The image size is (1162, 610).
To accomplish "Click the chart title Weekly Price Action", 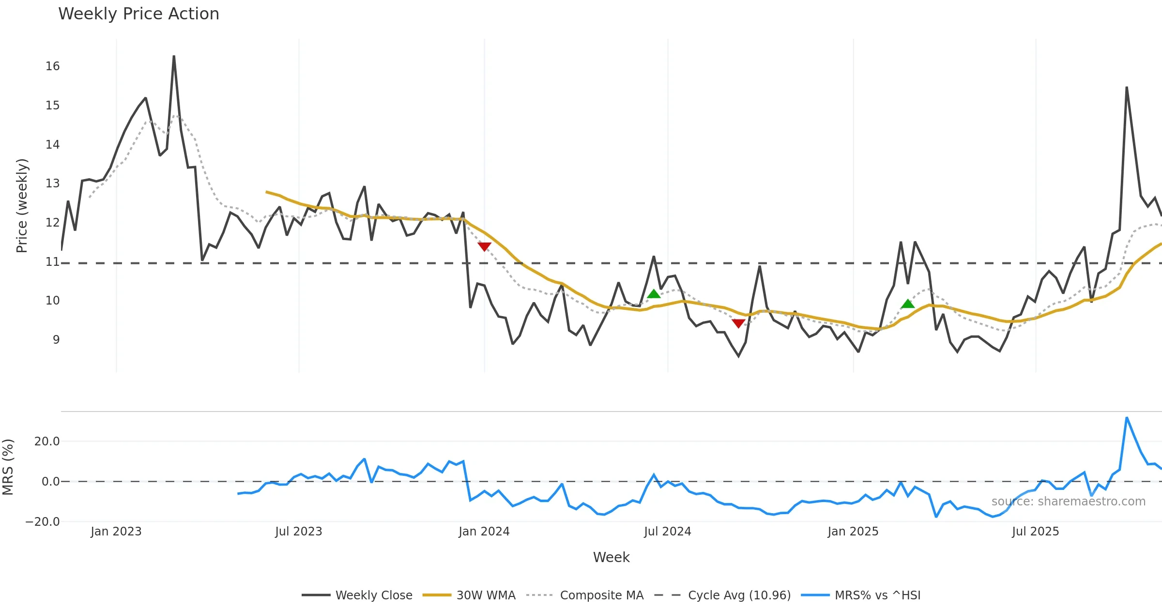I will click(x=138, y=14).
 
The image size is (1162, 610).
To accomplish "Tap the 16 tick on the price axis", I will click(x=52, y=66).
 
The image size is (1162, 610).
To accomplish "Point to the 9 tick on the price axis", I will click(x=56, y=340).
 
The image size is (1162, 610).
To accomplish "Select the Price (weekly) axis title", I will click(x=22, y=206).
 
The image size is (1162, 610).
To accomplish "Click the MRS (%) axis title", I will click(x=8, y=467).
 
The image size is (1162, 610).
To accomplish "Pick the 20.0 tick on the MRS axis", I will click(x=47, y=442).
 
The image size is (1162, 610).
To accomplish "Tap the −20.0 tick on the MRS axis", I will click(x=43, y=522).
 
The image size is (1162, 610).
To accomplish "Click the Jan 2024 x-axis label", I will click(x=484, y=532).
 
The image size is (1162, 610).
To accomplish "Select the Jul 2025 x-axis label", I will click(x=1035, y=532).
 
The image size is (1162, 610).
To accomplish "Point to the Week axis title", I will click(x=611, y=558).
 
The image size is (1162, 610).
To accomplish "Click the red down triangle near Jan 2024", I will click(x=484, y=247).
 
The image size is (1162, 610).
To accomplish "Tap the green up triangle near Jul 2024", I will click(x=654, y=294).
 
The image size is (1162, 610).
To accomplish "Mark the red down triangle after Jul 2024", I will click(x=738, y=323).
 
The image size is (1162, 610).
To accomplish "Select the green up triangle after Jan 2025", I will click(x=908, y=304).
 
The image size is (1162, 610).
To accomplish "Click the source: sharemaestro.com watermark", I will click(x=1068, y=502).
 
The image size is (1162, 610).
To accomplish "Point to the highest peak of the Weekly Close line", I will click(x=174, y=56).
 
